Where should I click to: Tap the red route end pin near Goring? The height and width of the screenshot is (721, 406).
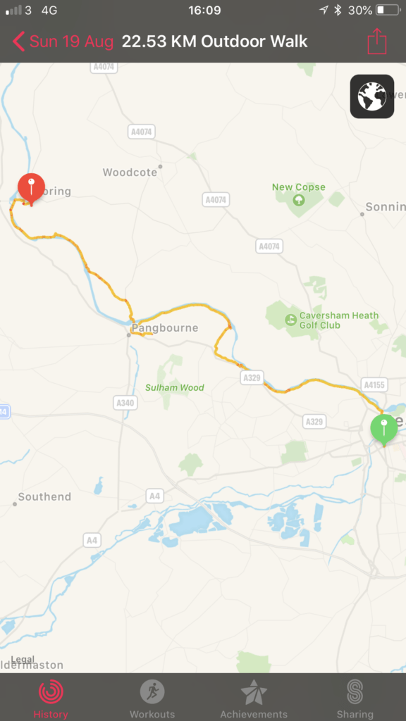31,187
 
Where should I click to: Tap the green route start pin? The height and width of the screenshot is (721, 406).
383,429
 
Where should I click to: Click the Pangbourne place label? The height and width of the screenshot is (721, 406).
165,328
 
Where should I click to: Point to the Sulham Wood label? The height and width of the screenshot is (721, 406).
175,387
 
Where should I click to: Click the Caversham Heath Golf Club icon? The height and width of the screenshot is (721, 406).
290,320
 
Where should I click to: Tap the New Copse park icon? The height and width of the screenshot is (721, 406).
299,200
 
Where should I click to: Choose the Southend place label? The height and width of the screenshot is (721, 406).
44,497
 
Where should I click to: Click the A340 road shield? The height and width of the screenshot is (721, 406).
125,402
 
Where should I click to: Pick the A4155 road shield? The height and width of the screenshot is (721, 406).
374,384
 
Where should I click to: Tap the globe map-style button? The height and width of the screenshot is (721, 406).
371,96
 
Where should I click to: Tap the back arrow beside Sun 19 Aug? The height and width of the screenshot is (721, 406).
18,42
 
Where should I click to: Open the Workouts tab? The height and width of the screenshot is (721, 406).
152,698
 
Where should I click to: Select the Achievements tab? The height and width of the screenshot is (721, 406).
254,698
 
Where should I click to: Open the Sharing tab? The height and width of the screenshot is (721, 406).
355,698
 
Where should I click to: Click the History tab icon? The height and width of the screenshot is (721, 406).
51,692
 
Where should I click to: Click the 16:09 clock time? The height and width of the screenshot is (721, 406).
204,11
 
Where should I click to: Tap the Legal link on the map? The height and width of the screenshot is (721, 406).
23,659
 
